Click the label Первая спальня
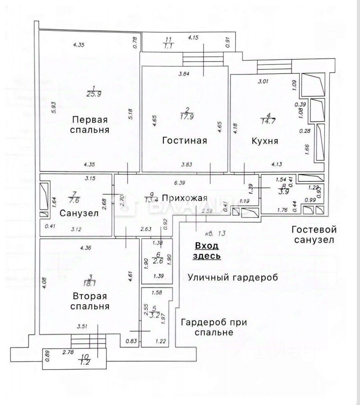(90, 124)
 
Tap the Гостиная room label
(184, 140)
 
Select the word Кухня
(264, 140)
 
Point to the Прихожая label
(184, 198)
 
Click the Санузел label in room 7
(79, 213)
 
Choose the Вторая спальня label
(90, 301)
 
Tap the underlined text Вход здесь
(207, 251)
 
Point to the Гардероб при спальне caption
(214, 327)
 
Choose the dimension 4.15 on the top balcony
(193, 38)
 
